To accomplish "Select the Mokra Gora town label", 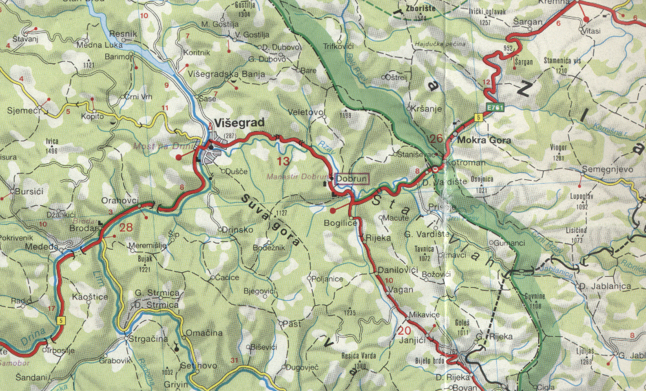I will pos(484,140).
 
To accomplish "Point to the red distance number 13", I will pos(284,161).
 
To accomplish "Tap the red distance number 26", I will pos(435,138).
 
